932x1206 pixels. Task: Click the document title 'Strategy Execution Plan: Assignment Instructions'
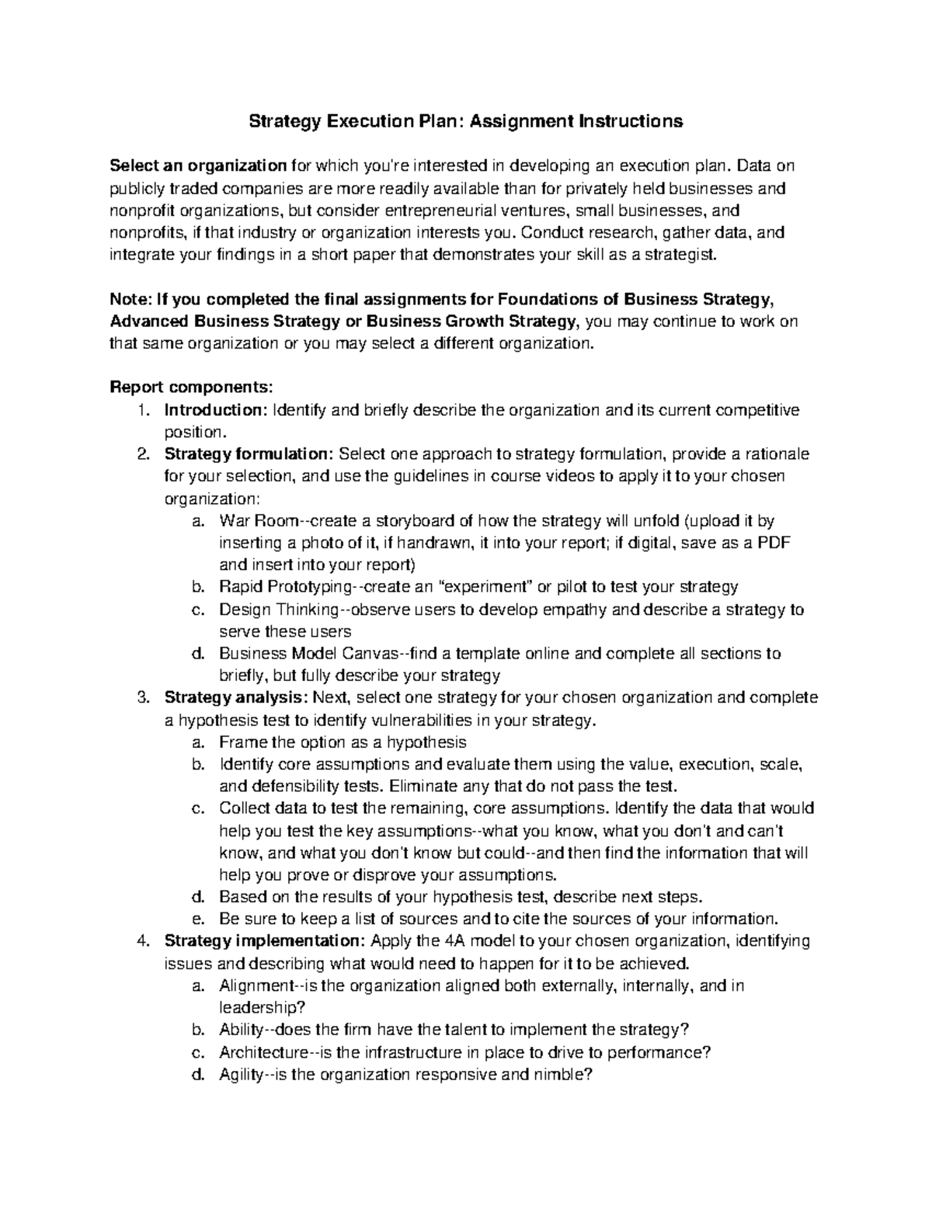(x=465, y=121)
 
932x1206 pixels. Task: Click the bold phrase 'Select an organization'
(x=199, y=165)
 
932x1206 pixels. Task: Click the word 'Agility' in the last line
(x=242, y=1076)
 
